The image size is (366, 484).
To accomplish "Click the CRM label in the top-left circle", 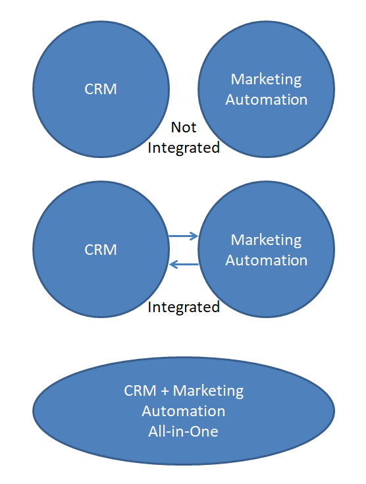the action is [101, 89].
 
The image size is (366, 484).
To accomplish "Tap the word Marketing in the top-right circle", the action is [266, 80].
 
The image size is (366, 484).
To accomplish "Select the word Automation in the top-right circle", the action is [267, 99].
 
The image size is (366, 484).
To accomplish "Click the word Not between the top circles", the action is [184, 127].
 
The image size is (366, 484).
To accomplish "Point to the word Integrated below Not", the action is [184, 148].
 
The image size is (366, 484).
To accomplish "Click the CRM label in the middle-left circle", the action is [101, 250].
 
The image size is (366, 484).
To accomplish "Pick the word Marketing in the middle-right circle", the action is [266, 240].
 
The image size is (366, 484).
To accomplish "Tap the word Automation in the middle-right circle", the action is [267, 260].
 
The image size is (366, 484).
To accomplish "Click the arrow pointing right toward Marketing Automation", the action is [184, 236].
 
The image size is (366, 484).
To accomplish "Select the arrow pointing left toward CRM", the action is [184, 264].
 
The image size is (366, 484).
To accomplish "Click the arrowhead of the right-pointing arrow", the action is [194, 236].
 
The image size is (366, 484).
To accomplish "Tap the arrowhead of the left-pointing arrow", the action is [174, 264].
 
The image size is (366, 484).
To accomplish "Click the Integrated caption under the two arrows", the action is [184, 308].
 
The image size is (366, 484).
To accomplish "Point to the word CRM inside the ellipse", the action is [140, 390].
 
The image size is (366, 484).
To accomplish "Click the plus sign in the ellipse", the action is [165, 391].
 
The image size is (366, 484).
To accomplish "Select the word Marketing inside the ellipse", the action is [208, 391].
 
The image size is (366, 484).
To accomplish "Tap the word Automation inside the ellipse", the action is [184, 411].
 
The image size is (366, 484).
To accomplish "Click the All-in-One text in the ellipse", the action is [183, 431].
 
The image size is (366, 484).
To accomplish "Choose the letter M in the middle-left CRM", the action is [110, 250].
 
